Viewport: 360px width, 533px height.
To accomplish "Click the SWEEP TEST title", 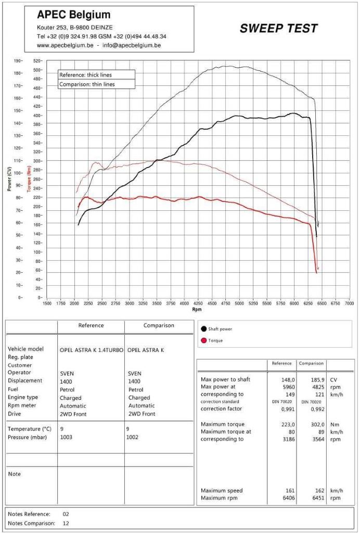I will click(x=278, y=29).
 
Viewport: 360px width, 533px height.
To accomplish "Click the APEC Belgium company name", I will click(x=73, y=15).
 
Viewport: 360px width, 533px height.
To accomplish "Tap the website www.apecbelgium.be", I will click(x=65, y=45).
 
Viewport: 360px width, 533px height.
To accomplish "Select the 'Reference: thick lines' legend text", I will click(x=85, y=75).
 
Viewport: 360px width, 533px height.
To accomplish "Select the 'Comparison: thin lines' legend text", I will click(x=87, y=84).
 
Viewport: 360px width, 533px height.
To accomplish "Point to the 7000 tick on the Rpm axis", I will click(x=350, y=303).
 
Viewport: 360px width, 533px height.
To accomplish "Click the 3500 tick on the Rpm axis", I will click(x=157, y=303).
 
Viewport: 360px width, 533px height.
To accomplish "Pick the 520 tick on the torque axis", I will click(x=37, y=61).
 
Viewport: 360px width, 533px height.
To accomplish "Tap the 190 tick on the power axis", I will click(x=18, y=61).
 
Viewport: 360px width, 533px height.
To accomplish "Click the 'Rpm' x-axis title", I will click(x=197, y=309).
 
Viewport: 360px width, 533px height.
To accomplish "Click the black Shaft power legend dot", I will click(x=203, y=329).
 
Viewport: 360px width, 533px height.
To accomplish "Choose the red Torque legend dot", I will click(x=203, y=340).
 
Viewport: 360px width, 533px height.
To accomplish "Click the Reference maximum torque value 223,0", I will click(x=288, y=424).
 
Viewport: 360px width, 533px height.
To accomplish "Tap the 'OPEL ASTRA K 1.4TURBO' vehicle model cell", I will click(x=91, y=350).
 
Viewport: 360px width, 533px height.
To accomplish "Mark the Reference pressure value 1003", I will click(x=66, y=437).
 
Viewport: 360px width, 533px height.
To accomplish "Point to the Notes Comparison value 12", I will click(x=66, y=523).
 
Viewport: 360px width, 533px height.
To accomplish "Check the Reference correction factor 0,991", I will click(x=288, y=409).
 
